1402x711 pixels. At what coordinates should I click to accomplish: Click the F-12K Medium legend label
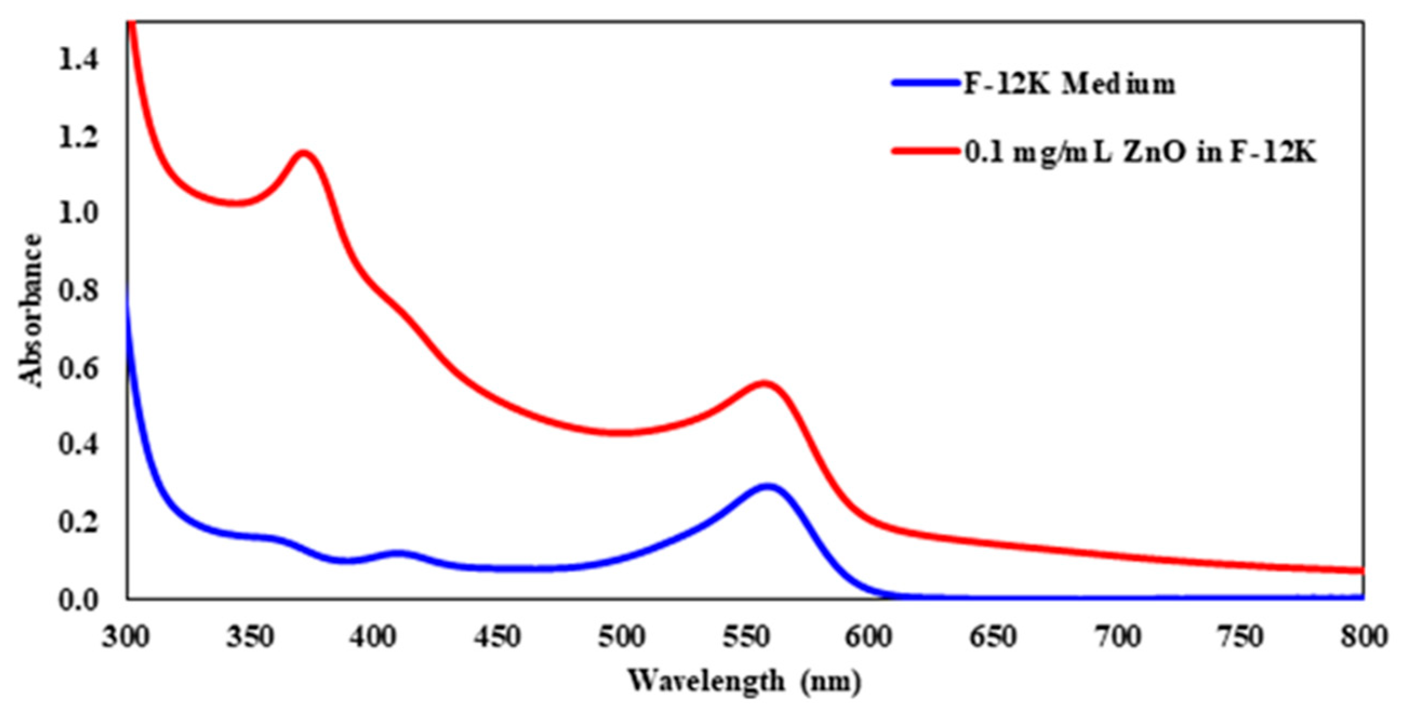1070,84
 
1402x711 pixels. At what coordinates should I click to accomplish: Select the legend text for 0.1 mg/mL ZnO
1140,154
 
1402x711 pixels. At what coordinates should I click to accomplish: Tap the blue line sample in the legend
925,83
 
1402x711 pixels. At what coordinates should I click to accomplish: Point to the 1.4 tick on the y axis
79,60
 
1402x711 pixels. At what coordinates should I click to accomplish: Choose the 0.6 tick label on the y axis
79,369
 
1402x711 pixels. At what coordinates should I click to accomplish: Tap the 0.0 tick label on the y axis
79,600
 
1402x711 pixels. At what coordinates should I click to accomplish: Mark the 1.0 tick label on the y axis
79,214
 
